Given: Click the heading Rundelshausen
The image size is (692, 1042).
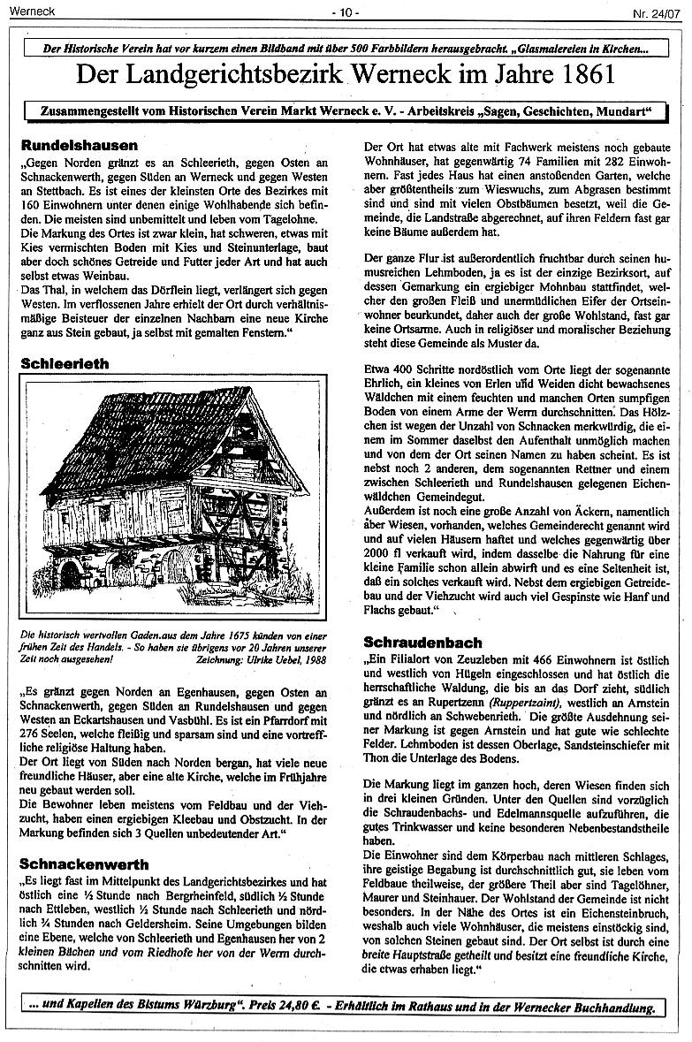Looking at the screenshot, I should coord(79,145).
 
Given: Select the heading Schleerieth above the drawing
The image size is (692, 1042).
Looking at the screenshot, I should coord(65,362).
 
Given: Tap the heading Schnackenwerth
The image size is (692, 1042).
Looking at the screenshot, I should coord(85,863).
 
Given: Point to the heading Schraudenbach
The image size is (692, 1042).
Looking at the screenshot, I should coord(422,643).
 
